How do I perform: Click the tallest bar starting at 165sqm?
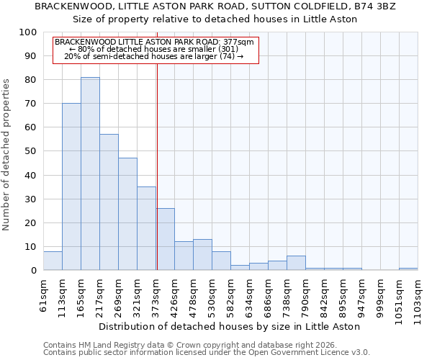coord(90,174)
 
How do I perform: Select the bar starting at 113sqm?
coord(71,186)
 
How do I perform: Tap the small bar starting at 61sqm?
coord(53,261)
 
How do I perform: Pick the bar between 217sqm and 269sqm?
coord(109,202)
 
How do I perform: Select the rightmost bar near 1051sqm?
coord(408,269)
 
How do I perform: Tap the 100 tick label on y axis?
coord(28,32)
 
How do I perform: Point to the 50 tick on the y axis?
coord(31,151)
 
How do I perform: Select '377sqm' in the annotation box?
coord(238,42)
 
